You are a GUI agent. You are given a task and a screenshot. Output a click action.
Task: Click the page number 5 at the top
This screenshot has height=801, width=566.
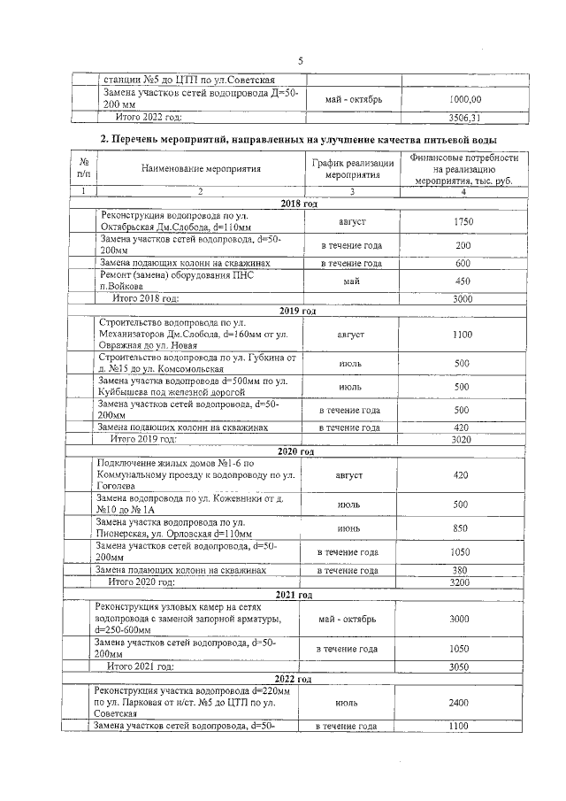pos(300,61)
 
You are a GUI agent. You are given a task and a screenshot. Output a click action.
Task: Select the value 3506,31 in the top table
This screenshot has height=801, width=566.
pos(464,117)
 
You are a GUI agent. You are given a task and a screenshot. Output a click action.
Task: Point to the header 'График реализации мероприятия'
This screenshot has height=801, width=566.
pos(351,169)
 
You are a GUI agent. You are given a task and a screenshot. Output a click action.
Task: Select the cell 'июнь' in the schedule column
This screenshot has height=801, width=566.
pos(350,529)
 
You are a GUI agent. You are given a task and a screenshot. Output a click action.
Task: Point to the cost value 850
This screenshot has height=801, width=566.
pos(461,529)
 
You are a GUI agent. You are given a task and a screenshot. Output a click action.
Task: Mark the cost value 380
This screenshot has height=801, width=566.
pos(461,570)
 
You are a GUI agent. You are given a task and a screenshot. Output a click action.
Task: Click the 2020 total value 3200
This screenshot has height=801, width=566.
pos(461,582)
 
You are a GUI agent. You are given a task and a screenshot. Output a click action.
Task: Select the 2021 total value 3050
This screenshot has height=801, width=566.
pos(460,666)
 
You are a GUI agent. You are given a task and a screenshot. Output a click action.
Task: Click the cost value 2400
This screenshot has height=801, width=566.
pos(459,703)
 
